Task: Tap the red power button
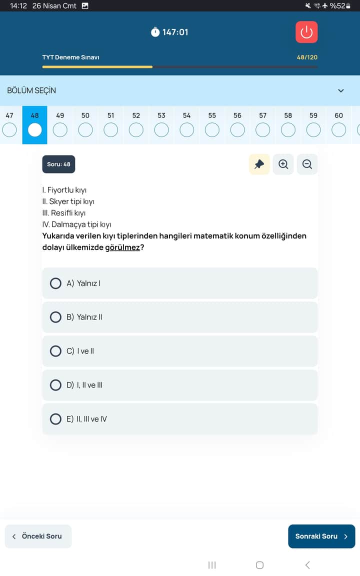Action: coord(306,32)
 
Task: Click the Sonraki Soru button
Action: coord(321,536)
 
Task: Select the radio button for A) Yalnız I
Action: coord(56,283)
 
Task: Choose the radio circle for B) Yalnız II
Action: coord(56,317)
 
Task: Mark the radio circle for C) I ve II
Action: coord(56,351)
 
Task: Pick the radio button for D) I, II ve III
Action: coord(56,385)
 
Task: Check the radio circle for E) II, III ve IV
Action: coord(56,419)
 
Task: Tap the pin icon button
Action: coord(259,164)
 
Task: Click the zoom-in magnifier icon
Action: coord(283,164)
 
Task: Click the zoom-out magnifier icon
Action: coord(307,164)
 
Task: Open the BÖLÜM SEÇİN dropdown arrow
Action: coord(341,90)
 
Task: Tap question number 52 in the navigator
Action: coord(136,115)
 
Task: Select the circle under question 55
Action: coord(212,130)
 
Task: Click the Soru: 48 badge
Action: coord(58,164)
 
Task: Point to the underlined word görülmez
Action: coord(122,247)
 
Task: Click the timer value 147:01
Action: coord(175,32)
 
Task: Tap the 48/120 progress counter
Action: coord(307,57)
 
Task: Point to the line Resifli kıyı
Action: coord(64,213)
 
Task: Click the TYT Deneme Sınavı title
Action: coord(70,57)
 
